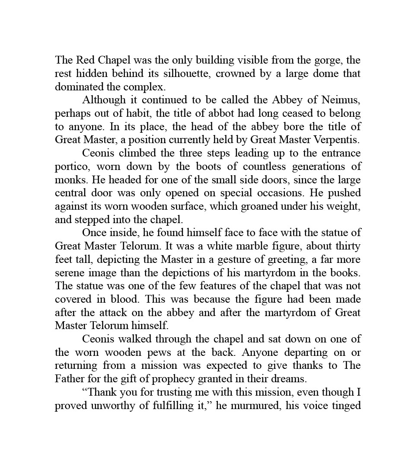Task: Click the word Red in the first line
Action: pyautogui.click(x=82, y=60)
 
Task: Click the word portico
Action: pyautogui.click(x=72, y=167)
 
